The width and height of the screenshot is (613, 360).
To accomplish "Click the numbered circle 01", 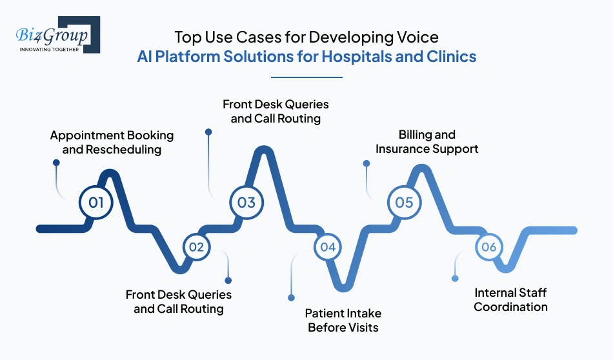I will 96,203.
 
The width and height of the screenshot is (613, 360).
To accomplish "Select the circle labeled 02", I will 197,246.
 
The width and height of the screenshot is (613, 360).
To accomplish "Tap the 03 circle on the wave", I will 246,203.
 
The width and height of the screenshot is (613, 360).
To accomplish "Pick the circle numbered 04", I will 328,246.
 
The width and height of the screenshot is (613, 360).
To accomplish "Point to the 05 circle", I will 405,203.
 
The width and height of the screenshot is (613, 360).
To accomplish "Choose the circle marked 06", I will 488,246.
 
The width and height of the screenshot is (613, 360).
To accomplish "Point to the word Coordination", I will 510,307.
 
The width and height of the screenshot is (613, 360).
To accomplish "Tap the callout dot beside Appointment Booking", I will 56,163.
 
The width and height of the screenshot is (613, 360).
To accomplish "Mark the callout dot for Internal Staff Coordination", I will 455,279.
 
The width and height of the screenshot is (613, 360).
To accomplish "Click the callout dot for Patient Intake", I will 291,297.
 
